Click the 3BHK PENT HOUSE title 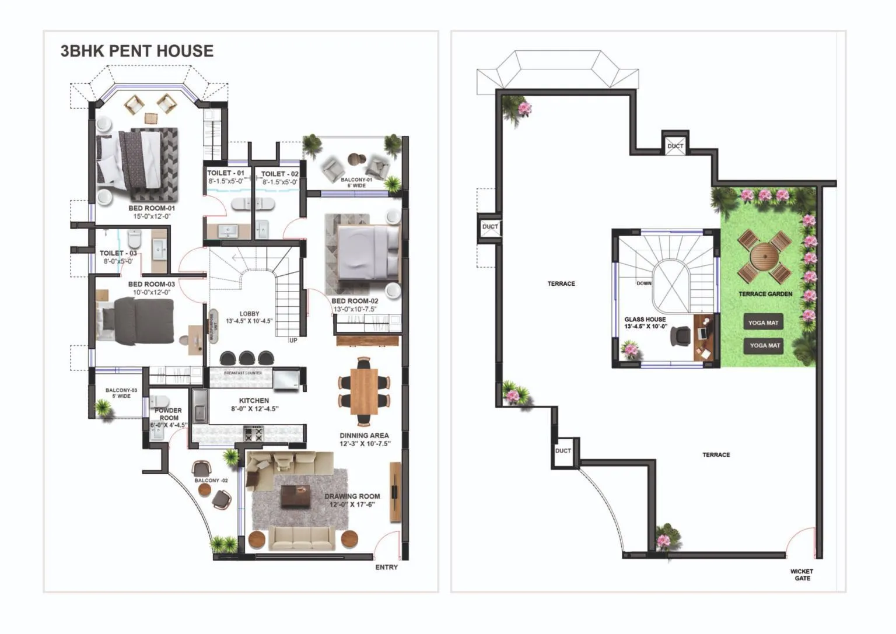(x=137, y=51)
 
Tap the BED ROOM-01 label (x=152, y=208)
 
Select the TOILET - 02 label (x=279, y=174)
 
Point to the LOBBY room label (x=249, y=314)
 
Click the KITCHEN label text (x=254, y=401)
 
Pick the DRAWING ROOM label (x=352, y=496)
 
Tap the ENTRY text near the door (x=386, y=567)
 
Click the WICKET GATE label (x=801, y=575)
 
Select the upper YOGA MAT (x=763, y=323)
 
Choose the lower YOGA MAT (x=764, y=345)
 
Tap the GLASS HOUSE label (x=645, y=320)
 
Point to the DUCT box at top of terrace (x=675, y=146)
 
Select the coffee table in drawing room (x=296, y=496)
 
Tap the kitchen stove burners (x=253, y=434)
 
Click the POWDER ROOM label (x=169, y=414)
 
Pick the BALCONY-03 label (x=121, y=390)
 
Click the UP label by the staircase (x=293, y=341)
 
